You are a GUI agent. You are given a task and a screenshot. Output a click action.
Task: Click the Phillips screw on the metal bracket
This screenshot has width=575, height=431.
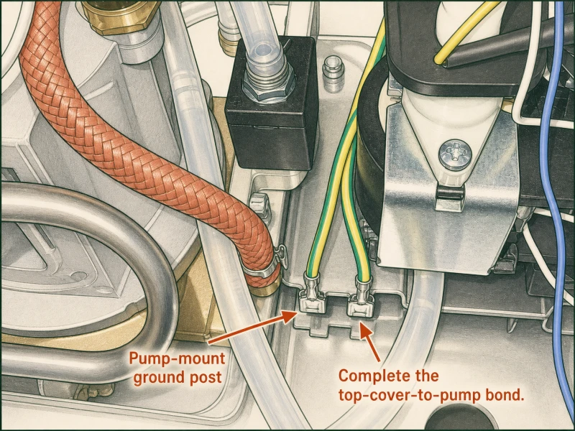coord(455,154)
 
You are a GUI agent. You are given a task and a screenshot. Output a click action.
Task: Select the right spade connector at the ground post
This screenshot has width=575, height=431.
coord(361,297)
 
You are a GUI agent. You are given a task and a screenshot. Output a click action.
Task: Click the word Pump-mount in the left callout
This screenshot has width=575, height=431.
coord(177,358)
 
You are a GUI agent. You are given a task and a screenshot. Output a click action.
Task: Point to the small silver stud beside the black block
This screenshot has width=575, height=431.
coord(333,73)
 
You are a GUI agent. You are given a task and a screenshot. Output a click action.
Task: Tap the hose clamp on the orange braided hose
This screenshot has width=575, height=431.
coord(264,266)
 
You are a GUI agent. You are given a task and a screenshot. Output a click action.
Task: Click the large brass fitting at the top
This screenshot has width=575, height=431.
coord(121,17)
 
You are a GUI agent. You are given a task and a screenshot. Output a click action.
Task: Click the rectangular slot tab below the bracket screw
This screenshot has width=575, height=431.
coord(450,194)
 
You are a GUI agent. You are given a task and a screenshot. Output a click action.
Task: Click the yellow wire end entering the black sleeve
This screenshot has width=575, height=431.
coord(438,59)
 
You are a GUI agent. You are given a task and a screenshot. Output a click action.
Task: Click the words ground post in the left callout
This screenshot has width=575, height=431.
coord(178,377)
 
